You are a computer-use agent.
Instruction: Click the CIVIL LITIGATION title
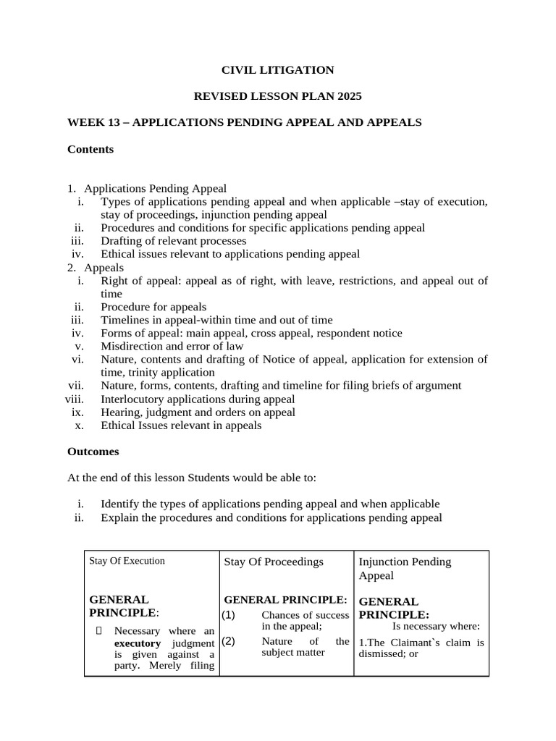277,70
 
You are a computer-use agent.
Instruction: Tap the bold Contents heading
90,149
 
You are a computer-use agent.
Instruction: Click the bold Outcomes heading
93,451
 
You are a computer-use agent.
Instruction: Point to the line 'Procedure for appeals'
153,307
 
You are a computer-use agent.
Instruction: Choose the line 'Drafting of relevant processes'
174,240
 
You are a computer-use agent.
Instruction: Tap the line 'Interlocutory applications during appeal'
198,399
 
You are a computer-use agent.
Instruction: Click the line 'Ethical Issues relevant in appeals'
181,425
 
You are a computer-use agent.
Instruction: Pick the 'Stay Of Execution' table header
127,561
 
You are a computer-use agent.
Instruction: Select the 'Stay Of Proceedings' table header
274,562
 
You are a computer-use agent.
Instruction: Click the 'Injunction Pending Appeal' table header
405,568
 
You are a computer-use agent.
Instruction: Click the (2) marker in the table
229,640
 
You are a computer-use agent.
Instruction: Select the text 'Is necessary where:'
437,627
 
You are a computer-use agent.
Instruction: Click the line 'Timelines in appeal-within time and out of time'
216,320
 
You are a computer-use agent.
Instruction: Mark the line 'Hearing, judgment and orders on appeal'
198,412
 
